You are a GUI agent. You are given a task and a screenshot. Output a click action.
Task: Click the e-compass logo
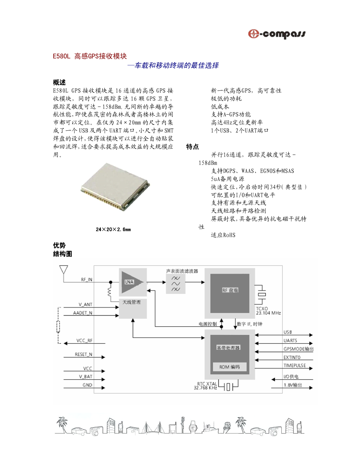277,34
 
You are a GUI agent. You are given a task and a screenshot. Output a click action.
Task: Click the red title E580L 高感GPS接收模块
90,56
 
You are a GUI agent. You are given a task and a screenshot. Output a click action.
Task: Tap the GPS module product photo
115,187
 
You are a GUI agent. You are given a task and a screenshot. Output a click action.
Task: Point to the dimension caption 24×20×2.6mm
113,230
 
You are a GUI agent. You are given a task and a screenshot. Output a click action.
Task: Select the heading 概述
59,82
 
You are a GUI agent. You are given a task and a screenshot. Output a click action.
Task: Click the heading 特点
192,146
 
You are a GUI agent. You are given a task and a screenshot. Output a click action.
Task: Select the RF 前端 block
230,293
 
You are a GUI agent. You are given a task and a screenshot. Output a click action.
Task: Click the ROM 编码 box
230,367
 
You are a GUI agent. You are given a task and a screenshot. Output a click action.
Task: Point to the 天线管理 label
131,302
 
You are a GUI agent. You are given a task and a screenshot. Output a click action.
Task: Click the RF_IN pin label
87,280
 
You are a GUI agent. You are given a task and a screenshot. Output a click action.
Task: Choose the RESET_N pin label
83,355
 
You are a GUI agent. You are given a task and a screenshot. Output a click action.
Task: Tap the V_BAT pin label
85,377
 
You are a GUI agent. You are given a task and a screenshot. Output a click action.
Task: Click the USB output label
287,332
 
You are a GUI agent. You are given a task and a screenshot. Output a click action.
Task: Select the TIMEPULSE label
295,366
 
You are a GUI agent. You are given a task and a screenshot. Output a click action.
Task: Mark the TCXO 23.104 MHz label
268,311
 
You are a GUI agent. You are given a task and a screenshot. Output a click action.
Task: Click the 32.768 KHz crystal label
206,386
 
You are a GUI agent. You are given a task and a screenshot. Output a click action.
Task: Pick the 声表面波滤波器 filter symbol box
175,284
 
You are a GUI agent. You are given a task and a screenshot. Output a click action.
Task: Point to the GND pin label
87,385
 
